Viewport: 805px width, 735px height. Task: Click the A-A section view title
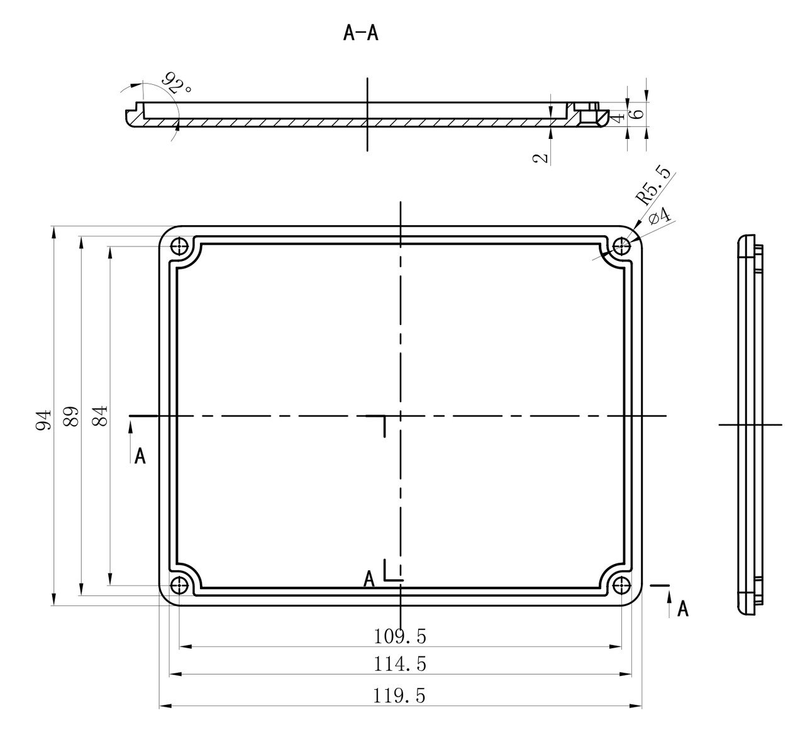tap(360, 33)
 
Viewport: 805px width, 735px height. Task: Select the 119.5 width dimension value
tap(399, 696)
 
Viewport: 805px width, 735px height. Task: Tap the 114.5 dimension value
tap(399, 664)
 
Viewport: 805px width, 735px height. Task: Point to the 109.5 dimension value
tap(399, 637)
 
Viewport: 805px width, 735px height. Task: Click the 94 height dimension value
tap(43, 419)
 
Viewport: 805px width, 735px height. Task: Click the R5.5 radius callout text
tap(653, 187)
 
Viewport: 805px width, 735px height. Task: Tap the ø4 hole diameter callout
tap(659, 216)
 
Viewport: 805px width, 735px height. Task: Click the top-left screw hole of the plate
tap(180, 245)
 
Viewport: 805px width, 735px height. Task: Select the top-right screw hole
tap(622, 245)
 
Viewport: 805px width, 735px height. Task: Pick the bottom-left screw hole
tap(180, 585)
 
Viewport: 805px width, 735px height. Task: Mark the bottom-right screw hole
tap(622, 585)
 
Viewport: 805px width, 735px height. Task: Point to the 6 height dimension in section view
tap(638, 114)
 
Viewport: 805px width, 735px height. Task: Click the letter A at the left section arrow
tap(140, 456)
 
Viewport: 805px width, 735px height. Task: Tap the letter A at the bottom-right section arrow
tap(682, 609)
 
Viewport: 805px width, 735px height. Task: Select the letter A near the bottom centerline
tap(370, 579)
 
